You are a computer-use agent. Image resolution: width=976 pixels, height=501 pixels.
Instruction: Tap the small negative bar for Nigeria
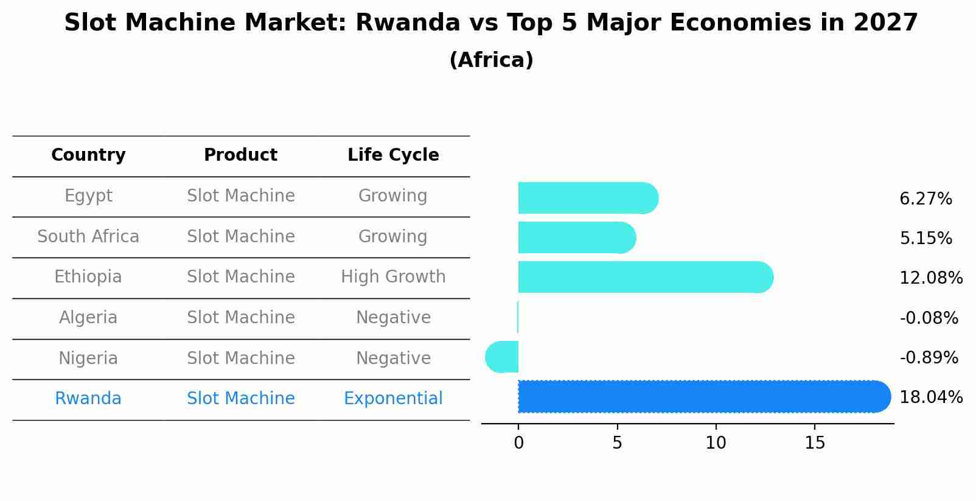tap(503, 357)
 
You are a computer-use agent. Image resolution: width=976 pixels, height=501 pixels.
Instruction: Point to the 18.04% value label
tap(930, 398)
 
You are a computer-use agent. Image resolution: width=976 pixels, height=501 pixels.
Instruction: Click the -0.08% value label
tap(929, 318)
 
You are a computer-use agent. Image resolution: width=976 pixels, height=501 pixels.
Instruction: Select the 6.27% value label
tap(925, 199)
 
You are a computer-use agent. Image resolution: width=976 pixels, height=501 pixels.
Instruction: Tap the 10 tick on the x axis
tap(716, 443)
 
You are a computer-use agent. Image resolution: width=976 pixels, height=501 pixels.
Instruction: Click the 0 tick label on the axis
tap(518, 443)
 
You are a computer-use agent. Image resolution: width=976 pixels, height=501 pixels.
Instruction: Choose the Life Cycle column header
tap(393, 155)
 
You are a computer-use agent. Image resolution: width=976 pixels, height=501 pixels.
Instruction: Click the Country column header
tap(88, 155)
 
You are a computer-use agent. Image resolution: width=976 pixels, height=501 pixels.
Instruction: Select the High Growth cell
tap(393, 277)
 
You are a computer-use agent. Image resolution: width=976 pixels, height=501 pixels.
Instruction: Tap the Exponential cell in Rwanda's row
tap(393, 399)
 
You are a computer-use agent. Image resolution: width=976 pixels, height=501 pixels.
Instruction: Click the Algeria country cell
tap(88, 318)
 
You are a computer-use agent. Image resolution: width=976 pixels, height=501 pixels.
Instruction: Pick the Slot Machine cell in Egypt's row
tap(240, 196)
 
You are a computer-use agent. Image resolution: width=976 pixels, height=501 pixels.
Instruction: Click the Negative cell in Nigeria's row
tap(393, 358)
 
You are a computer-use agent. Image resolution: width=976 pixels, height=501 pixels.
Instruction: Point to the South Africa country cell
tap(88, 237)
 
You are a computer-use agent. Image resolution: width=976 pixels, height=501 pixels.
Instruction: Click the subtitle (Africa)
tap(491, 60)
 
